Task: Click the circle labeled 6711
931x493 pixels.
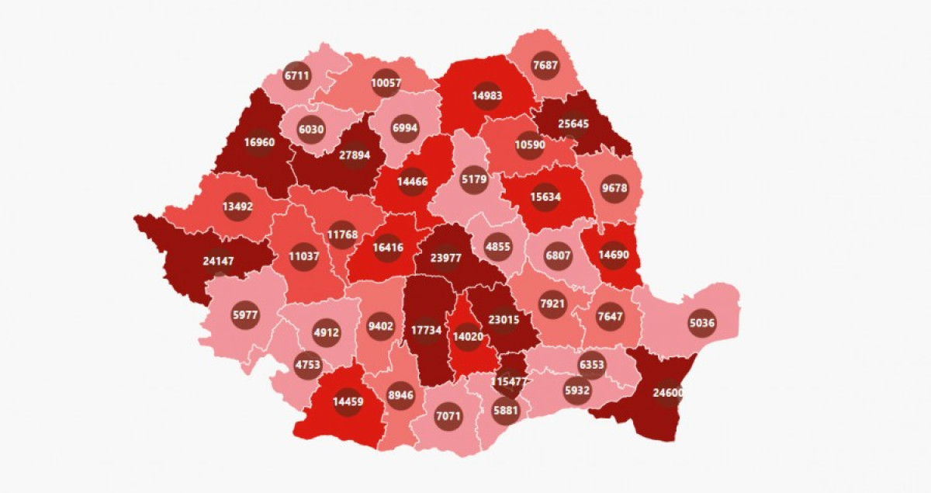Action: click(x=296, y=75)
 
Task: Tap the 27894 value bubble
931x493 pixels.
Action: click(x=355, y=154)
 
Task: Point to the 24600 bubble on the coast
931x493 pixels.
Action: click(x=667, y=393)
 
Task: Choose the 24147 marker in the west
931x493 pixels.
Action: click(x=218, y=262)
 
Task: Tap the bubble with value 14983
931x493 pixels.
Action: click(x=487, y=95)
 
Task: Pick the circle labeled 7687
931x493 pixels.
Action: click(x=546, y=65)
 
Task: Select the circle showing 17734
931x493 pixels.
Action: click(x=426, y=329)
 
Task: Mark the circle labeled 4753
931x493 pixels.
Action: click(x=307, y=365)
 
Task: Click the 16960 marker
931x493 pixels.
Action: click(x=258, y=143)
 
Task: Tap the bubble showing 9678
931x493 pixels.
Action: click(x=614, y=188)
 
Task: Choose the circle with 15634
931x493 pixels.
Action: click(x=546, y=196)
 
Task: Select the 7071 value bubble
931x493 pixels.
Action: click(x=448, y=415)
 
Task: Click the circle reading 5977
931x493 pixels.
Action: click(x=245, y=314)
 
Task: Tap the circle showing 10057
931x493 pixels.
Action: click(x=386, y=82)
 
